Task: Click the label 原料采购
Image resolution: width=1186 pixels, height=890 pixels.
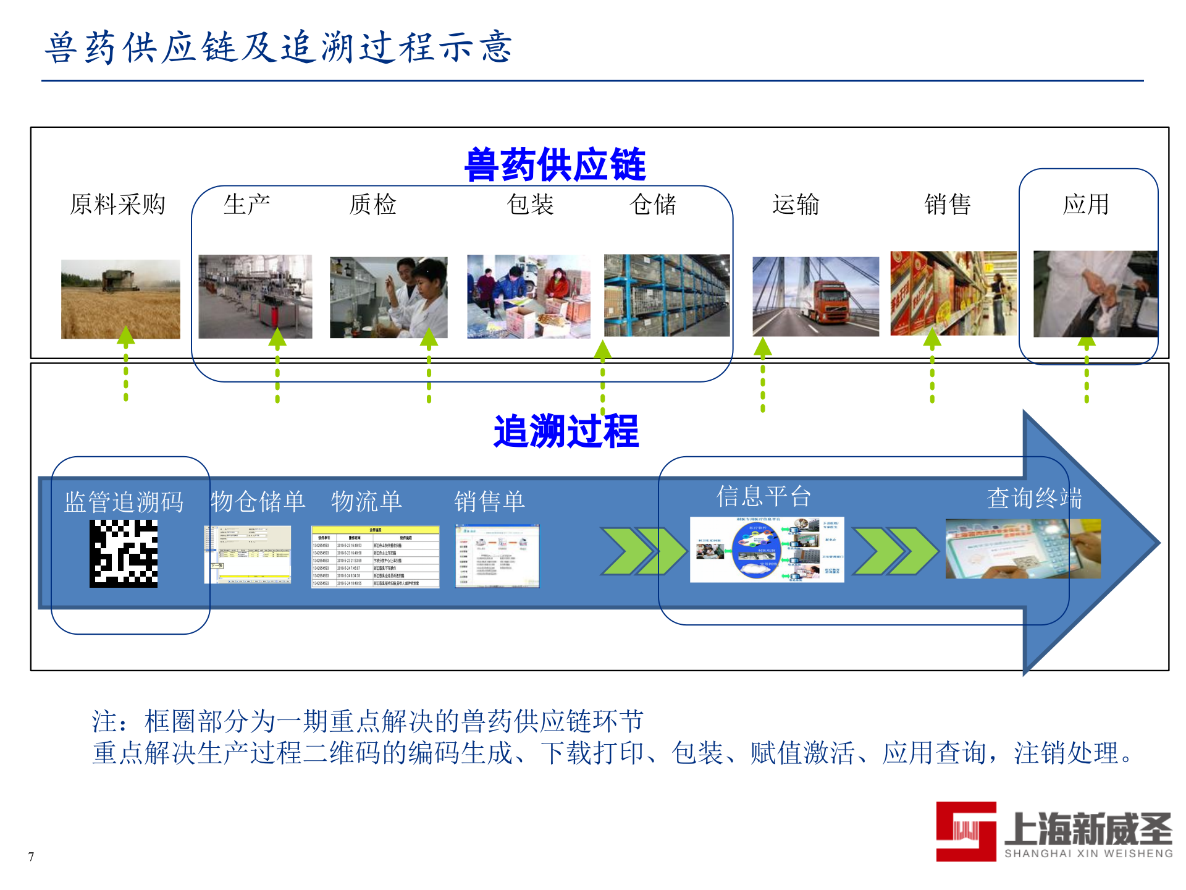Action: click(x=117, y=205)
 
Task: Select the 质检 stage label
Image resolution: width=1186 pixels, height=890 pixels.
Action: click(x=372, y=205)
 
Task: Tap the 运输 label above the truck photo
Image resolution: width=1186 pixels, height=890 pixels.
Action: click(x=796, y=205)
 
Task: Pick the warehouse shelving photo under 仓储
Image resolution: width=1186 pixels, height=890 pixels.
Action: click(x=667, y=295)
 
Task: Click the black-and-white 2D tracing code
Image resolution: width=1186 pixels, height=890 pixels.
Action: click(x=124, y=553)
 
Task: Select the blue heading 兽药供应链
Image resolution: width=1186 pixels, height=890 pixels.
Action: click(x=555, y=165)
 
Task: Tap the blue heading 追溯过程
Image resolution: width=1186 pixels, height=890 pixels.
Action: click(x=566, y=431)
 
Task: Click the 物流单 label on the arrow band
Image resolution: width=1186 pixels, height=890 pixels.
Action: click(x=366, y=501)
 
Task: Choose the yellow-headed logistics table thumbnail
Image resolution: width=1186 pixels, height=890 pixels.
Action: click(x=375, y=556)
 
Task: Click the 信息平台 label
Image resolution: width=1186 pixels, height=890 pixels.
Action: click(x=763, y=496)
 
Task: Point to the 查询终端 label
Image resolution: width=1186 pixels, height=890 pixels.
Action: click(x=1034, y=498)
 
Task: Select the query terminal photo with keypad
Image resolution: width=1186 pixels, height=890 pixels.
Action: click(x=1022, y=549)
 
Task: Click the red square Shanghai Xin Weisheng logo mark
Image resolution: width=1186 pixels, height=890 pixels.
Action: click(x=965, y=831)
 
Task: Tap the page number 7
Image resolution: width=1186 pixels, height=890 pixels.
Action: click(x=31, y=857)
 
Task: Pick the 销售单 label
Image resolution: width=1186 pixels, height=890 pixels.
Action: click(x=489, y=501)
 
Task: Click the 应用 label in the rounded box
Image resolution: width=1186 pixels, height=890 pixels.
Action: click(x=1086, y=205)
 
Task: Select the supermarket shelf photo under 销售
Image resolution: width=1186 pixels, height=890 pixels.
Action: click(x=953, y=294)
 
